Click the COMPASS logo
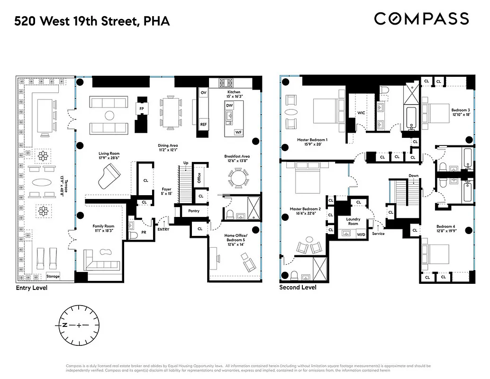point(421,19)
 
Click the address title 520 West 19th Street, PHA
point(91,21)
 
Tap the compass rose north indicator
point(64,325)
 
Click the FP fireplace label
point(141,108)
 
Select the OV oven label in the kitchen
point(204,93)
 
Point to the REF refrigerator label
point(203,124)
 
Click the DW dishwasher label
point(229,105)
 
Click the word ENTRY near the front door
point(163,229)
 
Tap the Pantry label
point(194,211)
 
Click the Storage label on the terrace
point(53,276)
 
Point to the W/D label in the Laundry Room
point(361,234)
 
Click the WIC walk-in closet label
point(361,113)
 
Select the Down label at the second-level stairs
point(413,176)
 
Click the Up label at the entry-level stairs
point(186,163)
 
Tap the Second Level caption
point(298,288)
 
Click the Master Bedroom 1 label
point(312,143)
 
